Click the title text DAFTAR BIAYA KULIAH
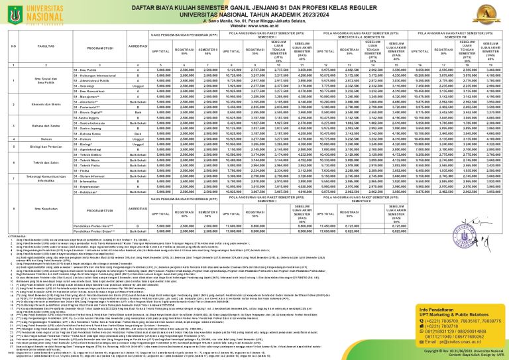coord(219,7)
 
